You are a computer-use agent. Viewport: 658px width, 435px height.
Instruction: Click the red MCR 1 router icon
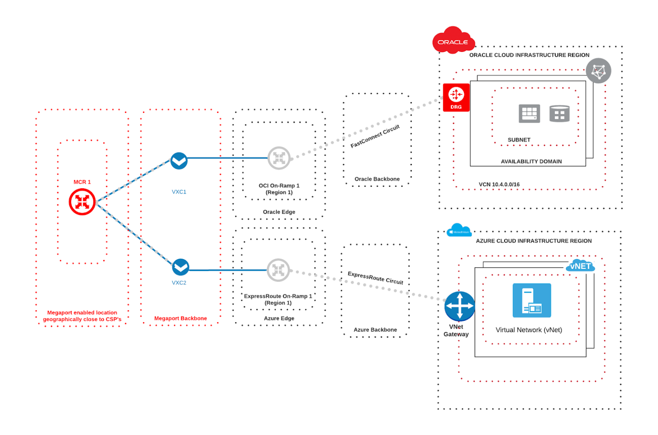tap(82, 202)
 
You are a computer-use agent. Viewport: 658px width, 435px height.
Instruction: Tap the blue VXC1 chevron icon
tap(179, 161)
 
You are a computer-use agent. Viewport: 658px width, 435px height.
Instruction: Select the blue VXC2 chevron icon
tap(180, 267)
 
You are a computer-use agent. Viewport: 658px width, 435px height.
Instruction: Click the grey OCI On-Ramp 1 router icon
tap(279, 158)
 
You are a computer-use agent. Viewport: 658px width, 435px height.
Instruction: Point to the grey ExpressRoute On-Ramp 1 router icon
tap(278, 270)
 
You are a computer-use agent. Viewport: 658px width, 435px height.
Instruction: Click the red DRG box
tap(456, 97)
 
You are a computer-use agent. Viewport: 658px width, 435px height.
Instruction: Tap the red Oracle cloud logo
tap(453, 41)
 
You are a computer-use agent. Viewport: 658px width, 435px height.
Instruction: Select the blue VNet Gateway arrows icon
tap(459, 306)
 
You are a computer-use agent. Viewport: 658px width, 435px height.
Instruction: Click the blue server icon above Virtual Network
tap(532, 300)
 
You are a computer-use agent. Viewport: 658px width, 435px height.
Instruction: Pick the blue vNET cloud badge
tap(580, 266)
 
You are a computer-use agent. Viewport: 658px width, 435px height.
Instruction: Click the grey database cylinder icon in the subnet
tap(559, 114)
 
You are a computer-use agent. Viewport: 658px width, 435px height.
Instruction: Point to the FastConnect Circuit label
tap(375, 136)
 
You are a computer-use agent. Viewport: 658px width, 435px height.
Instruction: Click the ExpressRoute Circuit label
tap(375, 278)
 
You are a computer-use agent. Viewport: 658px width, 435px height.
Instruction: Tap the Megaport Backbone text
tap(180, 318)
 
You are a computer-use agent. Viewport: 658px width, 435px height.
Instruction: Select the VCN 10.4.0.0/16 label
tap(499, 184)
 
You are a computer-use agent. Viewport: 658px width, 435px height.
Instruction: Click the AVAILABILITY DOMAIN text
tap(531, 161)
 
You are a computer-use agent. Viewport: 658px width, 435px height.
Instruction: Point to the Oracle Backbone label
tap(377, 179)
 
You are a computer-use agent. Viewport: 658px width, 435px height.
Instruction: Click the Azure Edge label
tap(279, 318)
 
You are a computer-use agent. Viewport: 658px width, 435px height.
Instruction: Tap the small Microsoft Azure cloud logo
tap(459, 231)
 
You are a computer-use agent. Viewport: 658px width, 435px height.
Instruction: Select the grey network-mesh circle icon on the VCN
tap(598, 71)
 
